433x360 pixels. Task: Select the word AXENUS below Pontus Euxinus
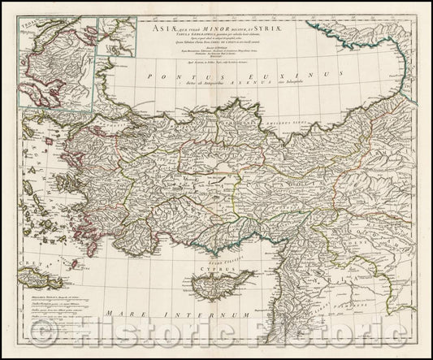click(250, 82)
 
